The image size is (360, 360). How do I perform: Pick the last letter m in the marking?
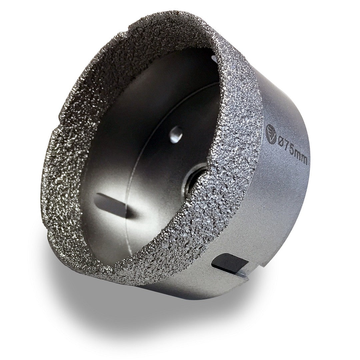304,159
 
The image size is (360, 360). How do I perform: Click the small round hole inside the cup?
176,134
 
